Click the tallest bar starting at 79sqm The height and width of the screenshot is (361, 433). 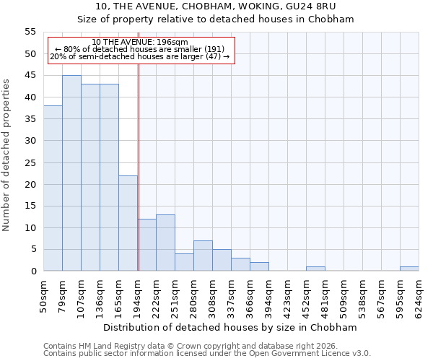[71, 173]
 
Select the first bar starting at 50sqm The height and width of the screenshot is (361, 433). [53, 188]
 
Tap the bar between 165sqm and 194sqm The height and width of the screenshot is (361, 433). [128, 223]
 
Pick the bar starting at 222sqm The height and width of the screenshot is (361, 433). [165, 243]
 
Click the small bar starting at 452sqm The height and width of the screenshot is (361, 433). [315, 269]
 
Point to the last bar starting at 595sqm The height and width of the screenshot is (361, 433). [409, 269]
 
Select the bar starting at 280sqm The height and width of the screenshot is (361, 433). [203, 256]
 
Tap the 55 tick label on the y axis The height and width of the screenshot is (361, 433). [30, 32]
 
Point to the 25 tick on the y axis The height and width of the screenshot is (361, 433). [30, 162]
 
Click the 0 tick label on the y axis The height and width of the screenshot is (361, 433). [32, 271]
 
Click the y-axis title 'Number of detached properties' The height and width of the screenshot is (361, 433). [6, 155]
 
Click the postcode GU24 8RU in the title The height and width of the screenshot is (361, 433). [333, 6]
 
